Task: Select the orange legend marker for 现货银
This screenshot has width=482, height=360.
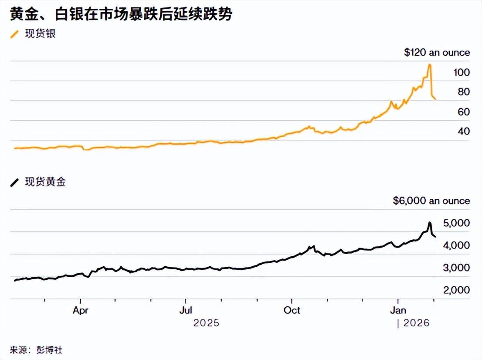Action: click(x=15, y=34)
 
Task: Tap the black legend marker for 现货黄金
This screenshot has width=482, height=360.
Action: click(x=15, y=183)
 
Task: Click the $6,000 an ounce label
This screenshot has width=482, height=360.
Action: click(x=431, y=201)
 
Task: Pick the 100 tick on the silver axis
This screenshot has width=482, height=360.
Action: click(x=461, y=72)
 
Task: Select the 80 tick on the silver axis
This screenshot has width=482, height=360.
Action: click(x=463, y=92)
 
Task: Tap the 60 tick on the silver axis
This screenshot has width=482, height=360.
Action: click(x=463, y=112)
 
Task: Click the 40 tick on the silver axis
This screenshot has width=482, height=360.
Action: click(x=463, y=132)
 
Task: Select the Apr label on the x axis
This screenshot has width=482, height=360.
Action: click(x=81, y=311)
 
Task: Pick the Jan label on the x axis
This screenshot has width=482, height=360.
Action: click(x=397, y=311)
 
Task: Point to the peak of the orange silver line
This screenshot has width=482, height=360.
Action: click(x=430, y=65)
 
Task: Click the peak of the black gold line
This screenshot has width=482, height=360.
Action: click(x=429, y=223)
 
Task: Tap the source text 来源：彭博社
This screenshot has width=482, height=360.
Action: click(x=40, y=350)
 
